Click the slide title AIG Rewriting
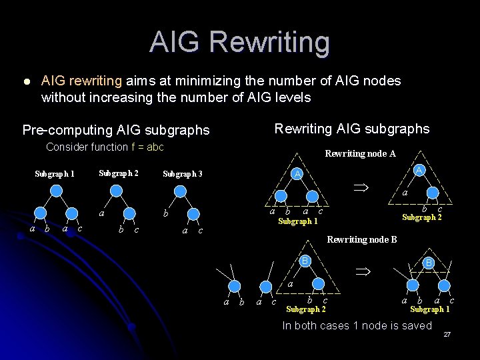coord(239,41)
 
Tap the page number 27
coord(447,333)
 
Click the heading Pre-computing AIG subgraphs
coord(115,130)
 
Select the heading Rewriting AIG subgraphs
coord(352,128)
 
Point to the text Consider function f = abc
coord(105,147)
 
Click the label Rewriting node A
coord(360,154)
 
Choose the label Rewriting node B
coord(362,239)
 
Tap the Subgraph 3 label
coord(182,175)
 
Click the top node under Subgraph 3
coord(180,191)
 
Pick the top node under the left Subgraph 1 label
coord(57,191)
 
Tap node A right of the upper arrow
coord(419,171)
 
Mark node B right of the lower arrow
coord(429,263)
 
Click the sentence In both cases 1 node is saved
coord(357,325)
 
